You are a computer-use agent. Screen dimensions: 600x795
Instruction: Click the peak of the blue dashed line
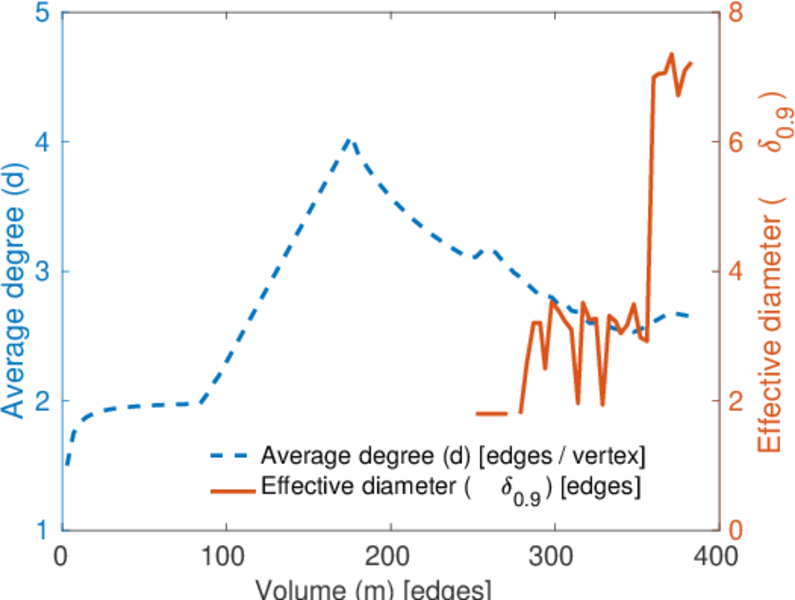click(x=348, y=139)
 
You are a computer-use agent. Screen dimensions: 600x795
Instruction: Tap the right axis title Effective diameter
click(x=770, y=271)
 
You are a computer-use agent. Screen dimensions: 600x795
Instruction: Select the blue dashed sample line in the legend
click(x=231, y=456)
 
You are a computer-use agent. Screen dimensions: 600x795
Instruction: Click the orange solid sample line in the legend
click(x=231, y=489)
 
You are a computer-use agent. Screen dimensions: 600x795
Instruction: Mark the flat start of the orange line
click(x=492, y=413)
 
